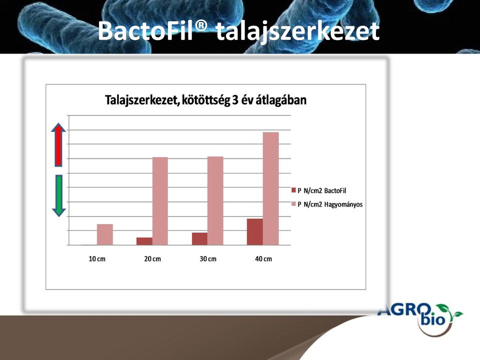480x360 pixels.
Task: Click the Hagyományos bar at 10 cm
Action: (x=105, y=234)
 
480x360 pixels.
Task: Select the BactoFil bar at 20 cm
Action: (x=144, y=241)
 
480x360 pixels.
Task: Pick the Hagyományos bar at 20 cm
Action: (x=160, y=201)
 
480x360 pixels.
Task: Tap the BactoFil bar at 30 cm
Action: (x=200, y=239)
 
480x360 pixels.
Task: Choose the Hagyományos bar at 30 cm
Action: (x=215, y=201)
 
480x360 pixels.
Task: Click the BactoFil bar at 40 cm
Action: (x=255, y=231)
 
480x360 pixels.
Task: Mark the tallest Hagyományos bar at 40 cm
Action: (x=271, y=188)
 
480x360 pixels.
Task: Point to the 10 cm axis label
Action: (x=97, y=259)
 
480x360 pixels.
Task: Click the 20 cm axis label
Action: (x=152, y=259)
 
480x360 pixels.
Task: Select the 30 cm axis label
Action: (x=208, y=259)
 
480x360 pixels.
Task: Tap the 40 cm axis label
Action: (x=263, y=259)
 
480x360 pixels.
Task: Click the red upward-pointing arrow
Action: (x=58, y=144)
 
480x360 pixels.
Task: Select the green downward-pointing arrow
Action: (x=59, y=196)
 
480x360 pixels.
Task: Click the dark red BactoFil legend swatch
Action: (x=294, y=190)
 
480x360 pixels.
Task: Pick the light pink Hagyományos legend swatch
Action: (x=294, y=204)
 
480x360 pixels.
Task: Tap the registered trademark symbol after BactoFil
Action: (x=200, y=25)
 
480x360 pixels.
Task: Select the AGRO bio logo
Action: (x=420, y=318)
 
